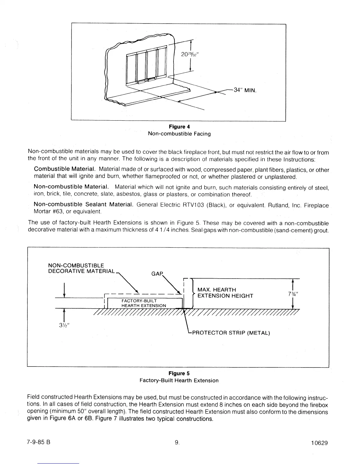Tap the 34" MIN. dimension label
pyautogui.click(x=245, y=90)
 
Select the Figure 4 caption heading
pyautogui.click(x=179, y=127)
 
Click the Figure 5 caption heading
pyautogui.click(x=179, y=373)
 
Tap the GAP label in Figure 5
pyautogui.click(x=156, y=274)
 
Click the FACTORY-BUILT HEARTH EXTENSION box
pyautogui.click(x=144, y=303)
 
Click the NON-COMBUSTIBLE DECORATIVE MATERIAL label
pyautogui.click(x=81, y=268)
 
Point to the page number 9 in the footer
pyautogui.click(x=177, y=442)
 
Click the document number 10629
pyautogui.click(x=319, y=443)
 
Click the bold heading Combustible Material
pyautogui.click(x=65, y=169)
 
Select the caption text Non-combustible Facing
pyautogui.click(x=179, y=134)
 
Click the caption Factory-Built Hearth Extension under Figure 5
pyautogui.click(x=179, y=380)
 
